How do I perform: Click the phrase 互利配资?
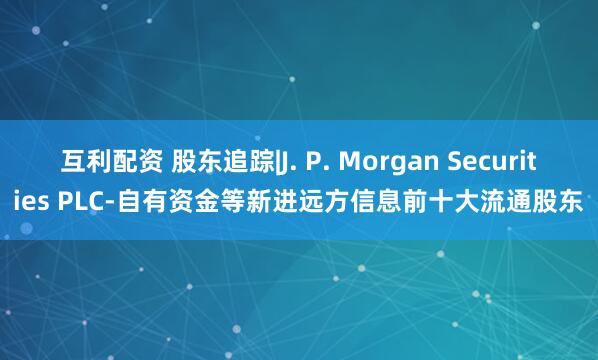point(113,159)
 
